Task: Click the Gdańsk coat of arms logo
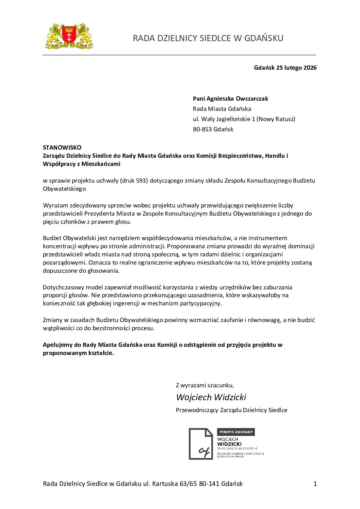tap(69, 36)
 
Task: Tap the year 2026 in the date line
tap(310, 68)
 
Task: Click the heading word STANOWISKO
tap(62, 148)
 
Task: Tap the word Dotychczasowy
tap(63, 287)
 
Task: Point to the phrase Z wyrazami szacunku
tap(205, 385)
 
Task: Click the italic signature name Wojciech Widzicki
tap(211, 397)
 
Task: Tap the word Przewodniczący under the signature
tap(197, 410)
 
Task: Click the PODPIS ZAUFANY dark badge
tap(236, 432)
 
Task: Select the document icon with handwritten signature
tap(201, 444)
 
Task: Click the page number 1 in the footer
tap(315, 483)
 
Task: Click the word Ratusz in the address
tap(284, 119)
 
